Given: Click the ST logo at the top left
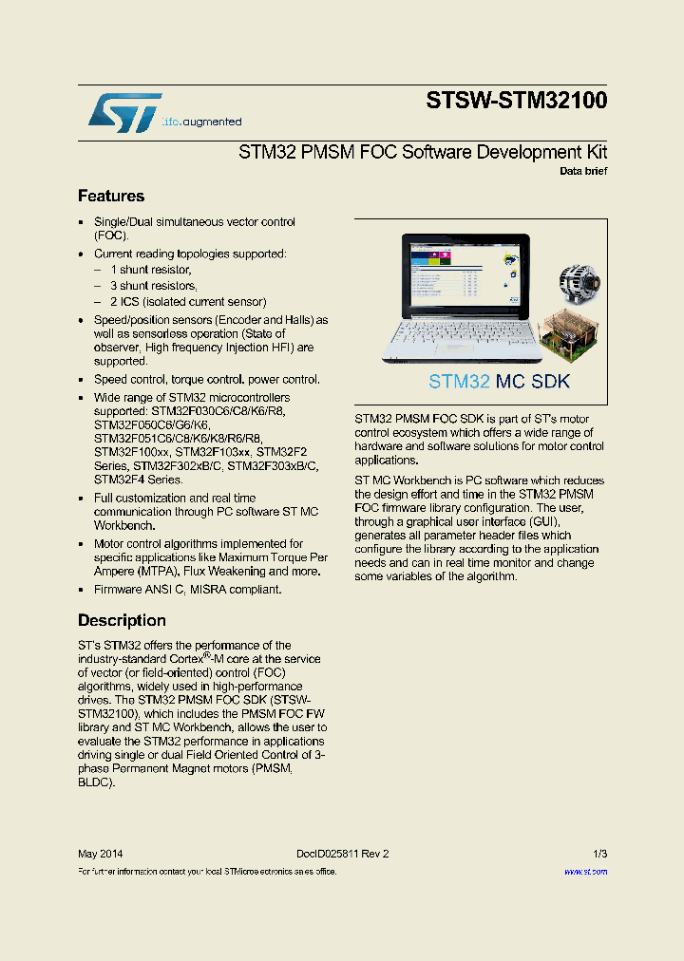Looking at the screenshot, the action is click(x=124, y=113).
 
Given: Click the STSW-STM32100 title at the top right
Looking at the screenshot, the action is click(x=517, y=101).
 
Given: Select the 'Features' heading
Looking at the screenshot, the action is click(x=111, y=197).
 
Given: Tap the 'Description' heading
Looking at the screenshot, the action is click(x=122, y=621).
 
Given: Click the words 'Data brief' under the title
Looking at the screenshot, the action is click(x=582, y=172).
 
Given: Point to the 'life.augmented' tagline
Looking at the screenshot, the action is click(x=201, y=122).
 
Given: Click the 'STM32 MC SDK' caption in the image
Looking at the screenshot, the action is click(x=499, y=382).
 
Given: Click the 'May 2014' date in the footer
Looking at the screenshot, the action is click(x=100, y=854).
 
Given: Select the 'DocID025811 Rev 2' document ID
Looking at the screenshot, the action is click(x=342, y=854).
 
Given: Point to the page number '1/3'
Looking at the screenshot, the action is click(x=599, y=854).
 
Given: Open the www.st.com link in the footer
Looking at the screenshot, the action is click(x=585, y=871).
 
